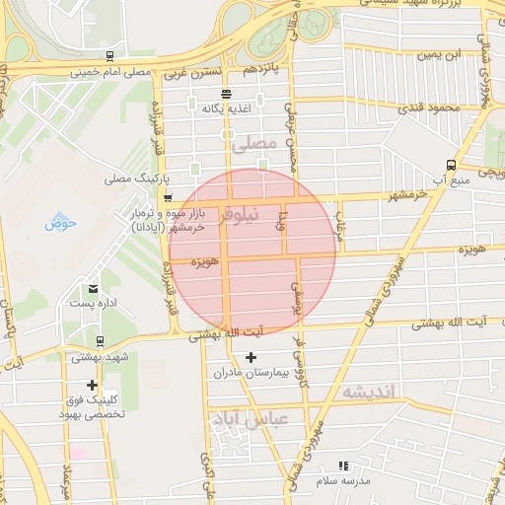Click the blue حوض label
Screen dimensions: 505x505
60,222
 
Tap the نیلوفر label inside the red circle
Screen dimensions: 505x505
241,212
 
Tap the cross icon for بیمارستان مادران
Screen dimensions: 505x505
250,357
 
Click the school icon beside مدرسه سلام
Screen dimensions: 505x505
343,466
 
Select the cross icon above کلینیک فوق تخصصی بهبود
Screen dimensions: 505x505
93,385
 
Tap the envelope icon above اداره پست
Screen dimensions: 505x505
93,288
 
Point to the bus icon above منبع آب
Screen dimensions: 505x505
451,165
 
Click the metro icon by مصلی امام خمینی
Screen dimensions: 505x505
107,56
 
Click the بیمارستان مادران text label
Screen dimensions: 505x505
251,374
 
